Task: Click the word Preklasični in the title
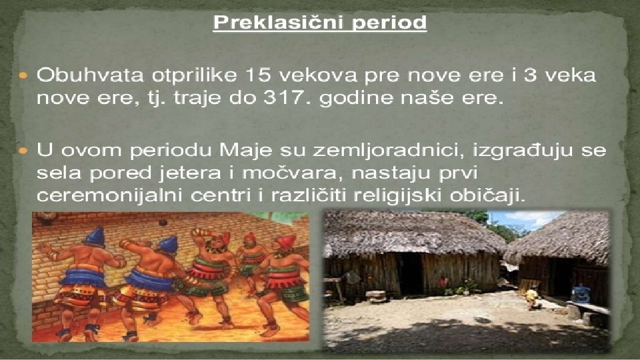tap(274, 24)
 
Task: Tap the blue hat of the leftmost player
tap(95, 236)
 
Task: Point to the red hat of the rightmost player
tap(285, 241)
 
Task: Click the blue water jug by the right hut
tap(581, 293)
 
